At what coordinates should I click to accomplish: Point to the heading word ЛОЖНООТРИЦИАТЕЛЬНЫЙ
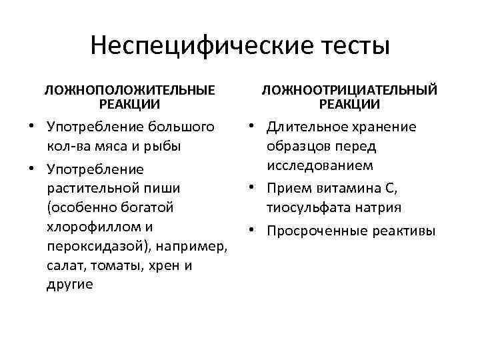click(x=349, y=89)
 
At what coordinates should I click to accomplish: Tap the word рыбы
click(x=164, y=146)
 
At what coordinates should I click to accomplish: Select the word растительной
click(x=91, y=188)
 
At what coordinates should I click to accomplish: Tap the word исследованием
click(x=319, y=165)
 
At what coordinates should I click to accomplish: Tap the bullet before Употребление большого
click(x=31, y=126)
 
